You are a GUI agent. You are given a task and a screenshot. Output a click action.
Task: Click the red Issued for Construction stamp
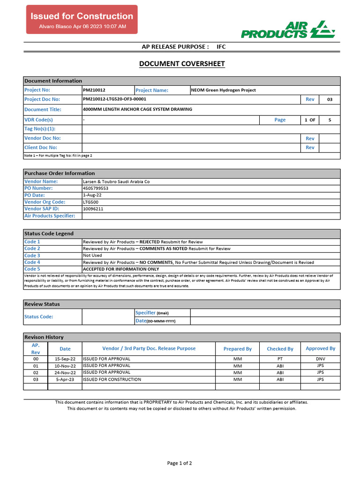82,20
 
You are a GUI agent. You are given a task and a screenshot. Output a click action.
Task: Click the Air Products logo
288,29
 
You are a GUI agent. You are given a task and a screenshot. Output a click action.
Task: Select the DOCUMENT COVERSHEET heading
182,64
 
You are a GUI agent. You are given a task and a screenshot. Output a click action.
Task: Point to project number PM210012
94,90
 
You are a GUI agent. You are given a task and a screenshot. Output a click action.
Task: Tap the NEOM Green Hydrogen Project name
224,90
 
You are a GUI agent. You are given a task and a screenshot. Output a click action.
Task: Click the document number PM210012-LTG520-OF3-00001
115,99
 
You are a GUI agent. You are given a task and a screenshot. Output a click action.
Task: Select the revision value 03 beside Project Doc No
330,99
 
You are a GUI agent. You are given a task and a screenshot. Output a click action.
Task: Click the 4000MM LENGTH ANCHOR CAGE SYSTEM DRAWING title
137,109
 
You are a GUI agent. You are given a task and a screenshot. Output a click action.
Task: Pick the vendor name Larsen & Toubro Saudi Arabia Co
116,181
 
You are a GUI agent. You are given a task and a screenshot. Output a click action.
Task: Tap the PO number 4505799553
96,188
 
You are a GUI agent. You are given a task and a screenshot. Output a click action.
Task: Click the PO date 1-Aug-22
91,195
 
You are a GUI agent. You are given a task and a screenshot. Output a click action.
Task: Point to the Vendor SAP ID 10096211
93,209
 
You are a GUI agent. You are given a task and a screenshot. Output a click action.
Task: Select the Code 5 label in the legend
32,270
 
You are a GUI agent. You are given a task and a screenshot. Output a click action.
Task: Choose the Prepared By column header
238,349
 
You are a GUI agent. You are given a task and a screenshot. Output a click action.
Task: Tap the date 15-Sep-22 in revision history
65,359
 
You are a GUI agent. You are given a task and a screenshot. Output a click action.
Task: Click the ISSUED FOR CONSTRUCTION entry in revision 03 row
112,380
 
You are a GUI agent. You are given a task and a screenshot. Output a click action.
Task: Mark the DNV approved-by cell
321,359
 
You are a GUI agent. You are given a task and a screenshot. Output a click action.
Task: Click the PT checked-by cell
280,359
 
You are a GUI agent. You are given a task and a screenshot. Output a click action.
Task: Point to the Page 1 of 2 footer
180,463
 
